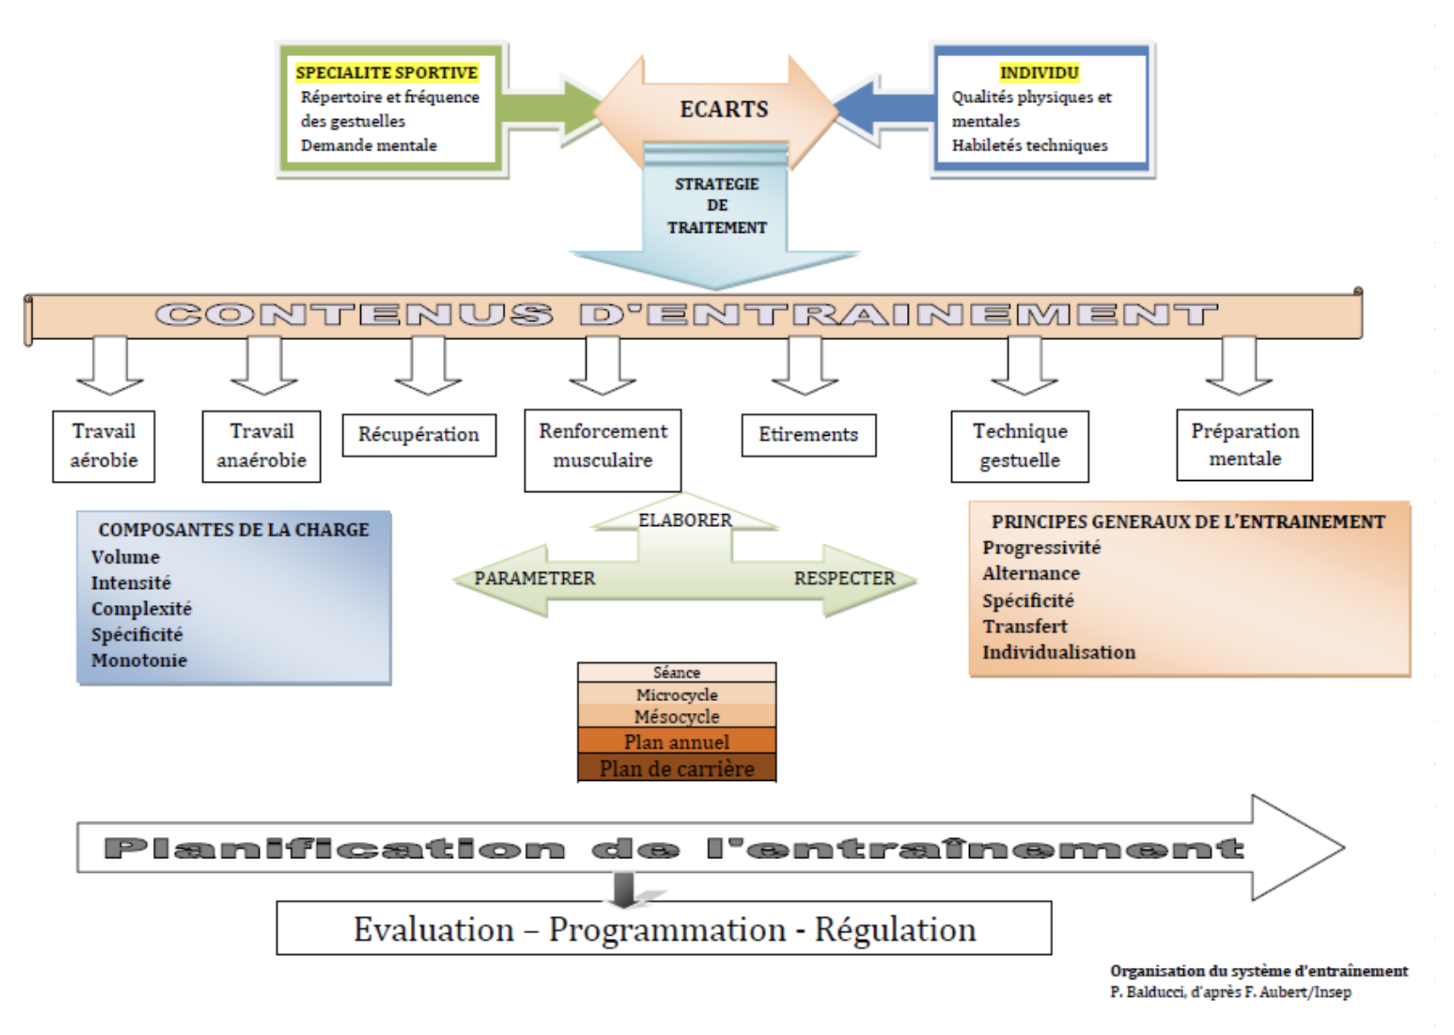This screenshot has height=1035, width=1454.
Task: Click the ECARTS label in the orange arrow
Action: (724, 110)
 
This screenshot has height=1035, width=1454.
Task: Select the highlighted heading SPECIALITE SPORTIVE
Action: (386, 73)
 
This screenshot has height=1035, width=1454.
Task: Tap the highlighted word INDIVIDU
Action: (1039, 73)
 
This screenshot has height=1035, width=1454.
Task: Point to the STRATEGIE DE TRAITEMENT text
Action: (717, 206)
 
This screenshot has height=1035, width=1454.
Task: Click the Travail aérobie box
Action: (104, 446)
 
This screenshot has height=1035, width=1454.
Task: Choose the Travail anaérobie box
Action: (262, 446)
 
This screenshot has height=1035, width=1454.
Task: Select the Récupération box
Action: (419, 435)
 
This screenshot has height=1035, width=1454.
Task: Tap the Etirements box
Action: (809, 435)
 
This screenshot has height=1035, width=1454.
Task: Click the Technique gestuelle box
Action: (1020, 446)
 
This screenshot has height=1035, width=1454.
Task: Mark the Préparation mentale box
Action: (1245, 445)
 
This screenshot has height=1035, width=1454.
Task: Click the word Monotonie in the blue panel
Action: (139, 660)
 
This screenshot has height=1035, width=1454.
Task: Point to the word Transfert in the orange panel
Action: (1025, 627)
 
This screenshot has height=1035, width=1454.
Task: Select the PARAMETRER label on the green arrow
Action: (534, 579)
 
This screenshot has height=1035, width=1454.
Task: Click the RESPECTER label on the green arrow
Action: (844, 579)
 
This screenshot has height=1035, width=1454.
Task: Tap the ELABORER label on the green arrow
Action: (685, 520)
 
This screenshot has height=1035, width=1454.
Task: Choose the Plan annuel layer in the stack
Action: (677, 742)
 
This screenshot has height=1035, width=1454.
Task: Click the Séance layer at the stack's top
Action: (677, 673)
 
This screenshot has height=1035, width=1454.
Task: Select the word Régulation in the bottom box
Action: (895, 930)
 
